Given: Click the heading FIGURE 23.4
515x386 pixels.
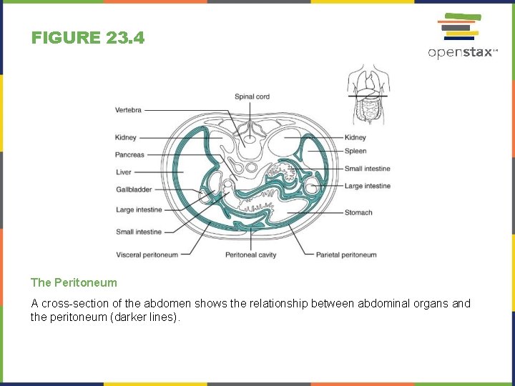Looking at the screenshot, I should tap(88, 38).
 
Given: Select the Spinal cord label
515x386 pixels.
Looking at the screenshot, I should tap(252, 96).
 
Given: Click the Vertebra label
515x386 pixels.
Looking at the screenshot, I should tap(128, 110).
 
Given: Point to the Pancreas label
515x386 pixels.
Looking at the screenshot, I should tap(129, 154).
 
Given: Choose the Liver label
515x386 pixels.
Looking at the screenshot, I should tap(124, 172).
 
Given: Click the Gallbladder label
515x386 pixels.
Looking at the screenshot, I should tap(133, 189).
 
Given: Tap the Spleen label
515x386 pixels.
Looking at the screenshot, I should tap(355, 151).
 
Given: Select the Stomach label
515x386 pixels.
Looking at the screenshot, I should tap(358, 212).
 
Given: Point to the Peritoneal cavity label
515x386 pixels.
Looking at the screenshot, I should tap(250, 254).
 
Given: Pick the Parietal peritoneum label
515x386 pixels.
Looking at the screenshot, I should tap(346, 254).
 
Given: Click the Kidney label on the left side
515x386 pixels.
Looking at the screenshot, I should tap(125, 137).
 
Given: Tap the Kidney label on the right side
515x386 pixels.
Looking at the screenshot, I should tap(355, 137).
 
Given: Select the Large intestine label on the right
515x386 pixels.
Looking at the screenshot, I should tap(368, 186).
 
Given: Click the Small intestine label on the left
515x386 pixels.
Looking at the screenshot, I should tap(139, 232).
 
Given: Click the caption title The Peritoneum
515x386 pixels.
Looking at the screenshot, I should tap(74, 283).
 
